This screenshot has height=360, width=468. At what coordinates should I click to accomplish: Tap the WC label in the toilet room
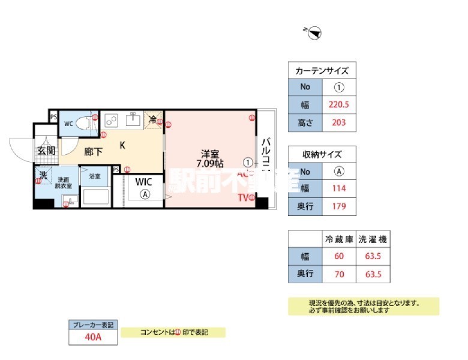point(68,124)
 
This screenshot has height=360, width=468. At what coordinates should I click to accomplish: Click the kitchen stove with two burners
point(111,119)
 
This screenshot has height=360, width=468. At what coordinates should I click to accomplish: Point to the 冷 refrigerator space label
point(154,119)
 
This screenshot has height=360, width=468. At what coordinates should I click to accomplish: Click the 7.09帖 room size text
point(211,163)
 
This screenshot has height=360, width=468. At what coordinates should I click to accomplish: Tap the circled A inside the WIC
point(145,194)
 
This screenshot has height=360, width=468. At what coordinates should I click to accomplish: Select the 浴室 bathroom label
point(95,176)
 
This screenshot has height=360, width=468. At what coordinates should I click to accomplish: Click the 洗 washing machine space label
point(43,175)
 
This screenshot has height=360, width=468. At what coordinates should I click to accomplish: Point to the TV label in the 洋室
point(242,197)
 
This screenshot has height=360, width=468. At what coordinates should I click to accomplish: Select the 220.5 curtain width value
point(340,104)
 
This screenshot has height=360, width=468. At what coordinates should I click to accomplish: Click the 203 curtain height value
point(340,123)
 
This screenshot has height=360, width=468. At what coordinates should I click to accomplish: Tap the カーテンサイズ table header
point(322,71)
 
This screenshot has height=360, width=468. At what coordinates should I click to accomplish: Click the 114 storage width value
point(338,188)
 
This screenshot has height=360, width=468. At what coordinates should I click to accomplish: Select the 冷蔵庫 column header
point(338,239)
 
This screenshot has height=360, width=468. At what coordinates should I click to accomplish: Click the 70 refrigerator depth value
point(338,274)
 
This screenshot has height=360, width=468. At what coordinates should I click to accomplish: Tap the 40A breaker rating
point(93,337)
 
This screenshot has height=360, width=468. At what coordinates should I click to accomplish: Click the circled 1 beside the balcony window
point(248,162)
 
